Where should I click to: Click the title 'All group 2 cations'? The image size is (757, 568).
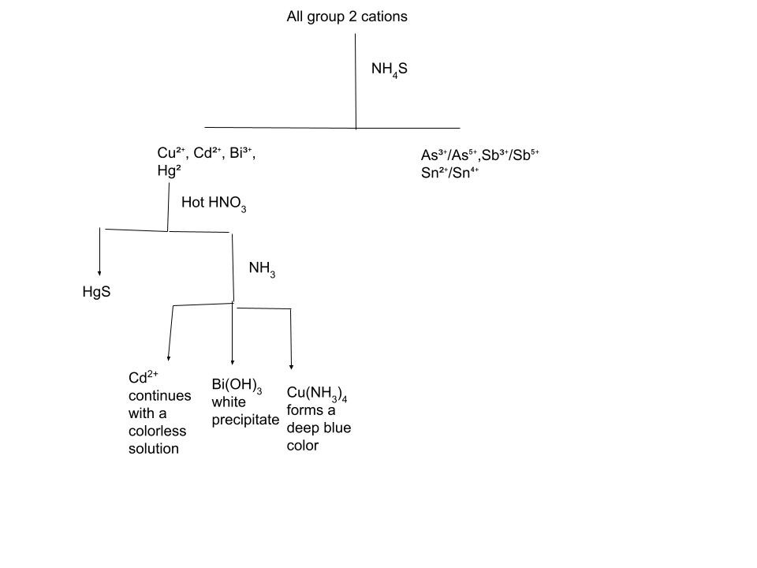coord(347,17)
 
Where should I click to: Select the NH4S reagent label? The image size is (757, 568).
coord(390,70)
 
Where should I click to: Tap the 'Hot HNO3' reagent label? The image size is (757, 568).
coord(214,204)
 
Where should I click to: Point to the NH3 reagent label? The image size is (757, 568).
coord(262,269)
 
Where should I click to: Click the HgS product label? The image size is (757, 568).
coord(96,292)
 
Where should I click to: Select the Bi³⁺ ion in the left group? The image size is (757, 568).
coord(241,154)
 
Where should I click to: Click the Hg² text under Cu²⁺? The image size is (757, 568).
coord(170,170)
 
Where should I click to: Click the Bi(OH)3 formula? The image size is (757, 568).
coord(237,385)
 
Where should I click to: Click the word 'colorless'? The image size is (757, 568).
coord(157,431)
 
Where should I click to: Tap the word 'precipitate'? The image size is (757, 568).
coord(245,420)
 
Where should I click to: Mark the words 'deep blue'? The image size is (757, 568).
coord(319,428)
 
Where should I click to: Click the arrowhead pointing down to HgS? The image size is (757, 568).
coord(99,269)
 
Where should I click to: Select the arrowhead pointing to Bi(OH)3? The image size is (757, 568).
coord(233,359)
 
